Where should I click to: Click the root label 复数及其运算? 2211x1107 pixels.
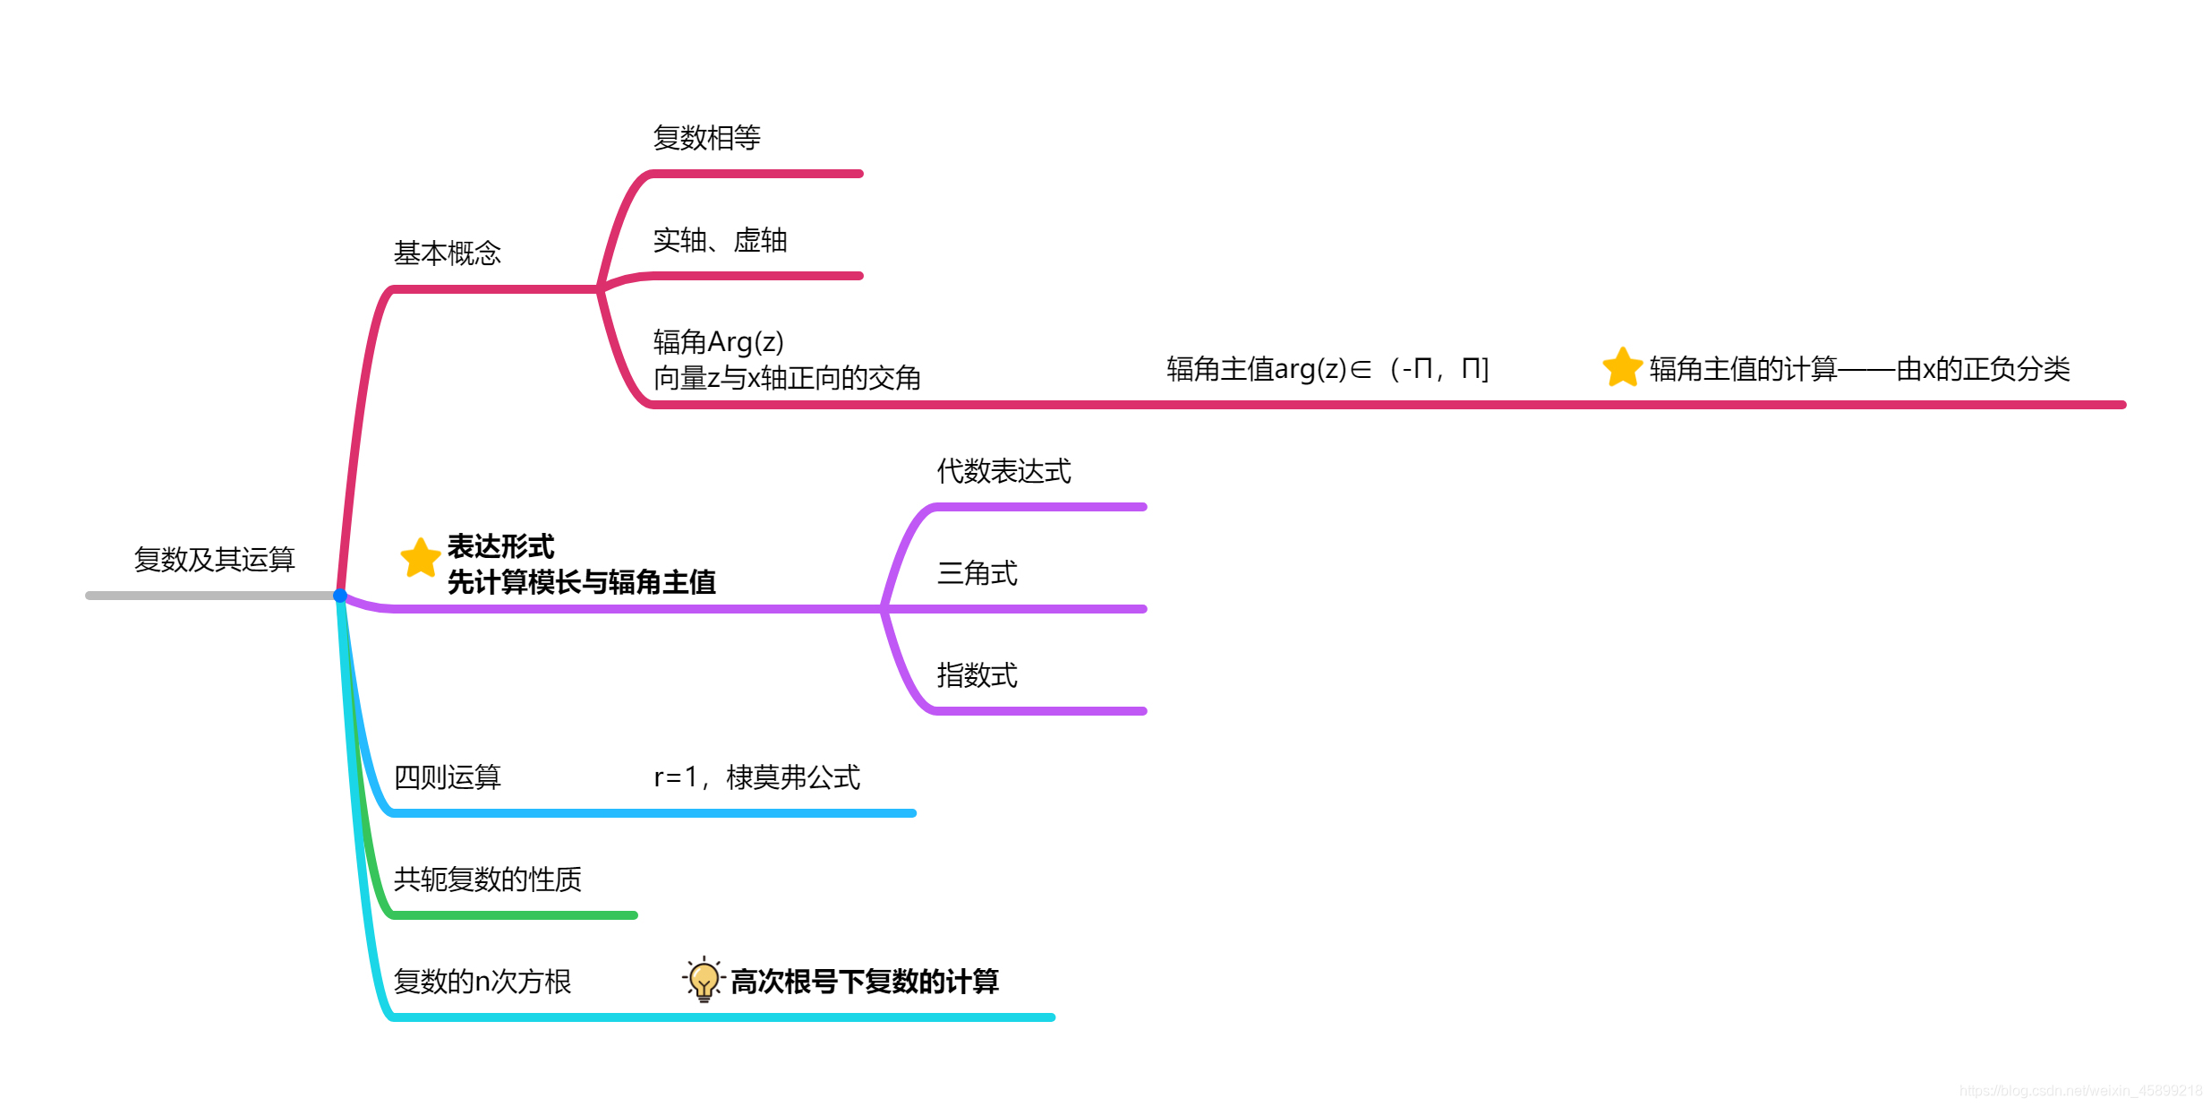(214, 560)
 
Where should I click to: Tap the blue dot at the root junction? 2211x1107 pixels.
(340, 596)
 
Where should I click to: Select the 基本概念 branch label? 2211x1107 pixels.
(447, 253)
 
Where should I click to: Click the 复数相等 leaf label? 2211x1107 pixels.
(706, 138)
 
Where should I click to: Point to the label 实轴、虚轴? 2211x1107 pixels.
(720, 241)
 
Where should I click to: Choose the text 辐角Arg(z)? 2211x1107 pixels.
(718, 342)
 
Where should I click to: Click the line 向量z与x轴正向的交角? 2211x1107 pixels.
(787, 378)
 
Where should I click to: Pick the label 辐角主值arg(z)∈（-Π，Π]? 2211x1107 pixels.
(1327, 369)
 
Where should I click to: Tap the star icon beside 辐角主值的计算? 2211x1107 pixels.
(1621, 368)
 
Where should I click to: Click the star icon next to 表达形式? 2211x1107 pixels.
(420, 558)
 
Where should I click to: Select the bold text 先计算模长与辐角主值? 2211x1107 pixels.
(581, 582)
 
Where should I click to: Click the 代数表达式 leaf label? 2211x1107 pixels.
(1003, 471)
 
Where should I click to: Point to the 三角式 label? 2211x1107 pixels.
(977, 573)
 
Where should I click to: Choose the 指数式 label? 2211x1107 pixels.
(977, 675)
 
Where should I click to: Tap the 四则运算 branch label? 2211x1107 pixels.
(447, 777)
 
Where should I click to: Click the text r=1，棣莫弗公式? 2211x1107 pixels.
(756, 777)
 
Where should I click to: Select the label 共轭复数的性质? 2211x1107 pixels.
(487, 880)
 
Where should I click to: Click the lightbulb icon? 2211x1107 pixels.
(704, 980)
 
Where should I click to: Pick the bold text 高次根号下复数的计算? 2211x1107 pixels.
(864, 982)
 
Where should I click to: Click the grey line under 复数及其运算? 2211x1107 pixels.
(210, 596)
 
